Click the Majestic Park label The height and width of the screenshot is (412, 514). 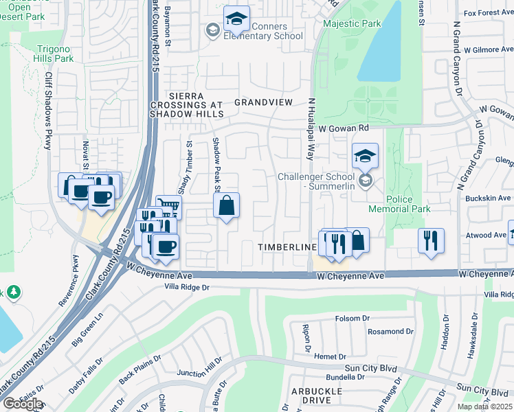[x=353, y=24]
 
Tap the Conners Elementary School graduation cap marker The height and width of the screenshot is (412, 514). [x=236, y=20]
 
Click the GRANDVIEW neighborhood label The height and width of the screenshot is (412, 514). [x=264, y=102]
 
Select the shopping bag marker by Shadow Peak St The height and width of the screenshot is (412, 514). [x=226, y=205]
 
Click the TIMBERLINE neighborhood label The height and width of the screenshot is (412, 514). [x=286, y=246]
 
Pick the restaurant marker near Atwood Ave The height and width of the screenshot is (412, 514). [x=431, y=241]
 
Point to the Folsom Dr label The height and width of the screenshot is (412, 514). [x=353, y=319]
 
